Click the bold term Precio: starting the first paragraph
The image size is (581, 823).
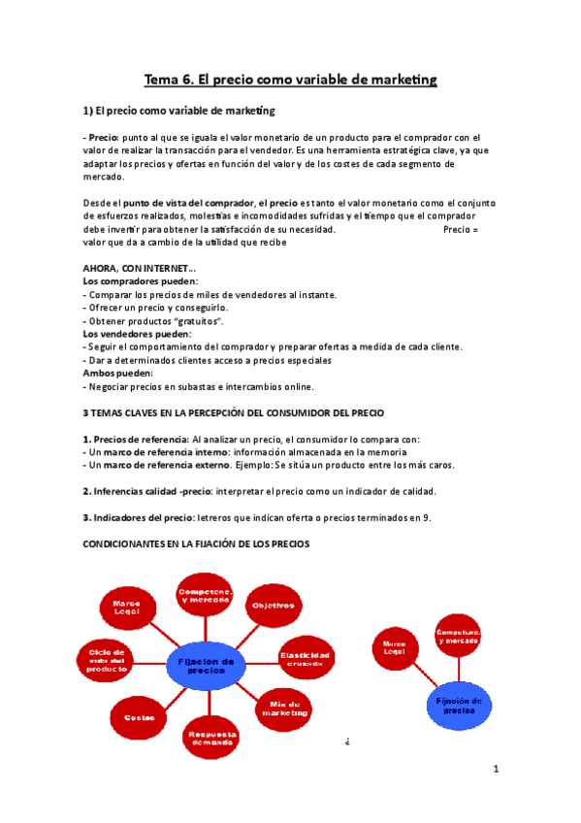tap(102, 139)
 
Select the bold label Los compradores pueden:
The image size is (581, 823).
tap(140, 281)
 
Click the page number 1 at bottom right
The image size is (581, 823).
tap(495, 770)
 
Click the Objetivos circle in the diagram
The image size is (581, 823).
tap(274, 606)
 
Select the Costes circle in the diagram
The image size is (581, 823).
tap(134, 717)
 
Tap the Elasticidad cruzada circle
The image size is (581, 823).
tap(306, 658)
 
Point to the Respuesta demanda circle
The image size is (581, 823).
tap(210, 740)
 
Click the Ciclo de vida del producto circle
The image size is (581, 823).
tap(107, 661)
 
